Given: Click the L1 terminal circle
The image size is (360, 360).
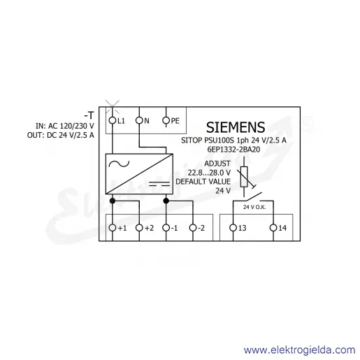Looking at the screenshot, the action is point(113,120).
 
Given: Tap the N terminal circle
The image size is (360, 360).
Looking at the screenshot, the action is point(139,120).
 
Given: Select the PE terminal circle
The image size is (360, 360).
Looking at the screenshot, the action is point(166,120).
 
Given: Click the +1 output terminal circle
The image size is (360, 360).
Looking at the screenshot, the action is point(113,228).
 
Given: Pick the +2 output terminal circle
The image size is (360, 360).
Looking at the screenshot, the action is point(139,228).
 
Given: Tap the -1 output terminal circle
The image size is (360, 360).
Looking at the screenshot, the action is point(166,228).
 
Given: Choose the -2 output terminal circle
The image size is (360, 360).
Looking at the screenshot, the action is point(193,228).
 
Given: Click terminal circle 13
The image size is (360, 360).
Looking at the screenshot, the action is point(233,228).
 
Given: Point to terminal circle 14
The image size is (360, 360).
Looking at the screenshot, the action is point(273,228).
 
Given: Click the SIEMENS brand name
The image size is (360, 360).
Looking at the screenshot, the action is point(236,127).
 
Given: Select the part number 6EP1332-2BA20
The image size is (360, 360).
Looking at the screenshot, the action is point(233,150).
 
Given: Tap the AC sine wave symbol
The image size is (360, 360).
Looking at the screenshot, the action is point(119,164).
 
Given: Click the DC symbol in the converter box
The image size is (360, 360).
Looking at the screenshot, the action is point(159,184).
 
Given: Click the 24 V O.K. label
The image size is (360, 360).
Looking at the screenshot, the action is point(254,207).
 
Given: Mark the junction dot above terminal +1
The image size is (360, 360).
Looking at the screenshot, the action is point(113,201).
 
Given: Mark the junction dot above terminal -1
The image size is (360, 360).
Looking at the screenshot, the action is point(166,201).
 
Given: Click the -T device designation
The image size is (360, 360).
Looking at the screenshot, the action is point(89,115).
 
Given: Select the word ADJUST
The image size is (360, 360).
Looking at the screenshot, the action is point(217,164).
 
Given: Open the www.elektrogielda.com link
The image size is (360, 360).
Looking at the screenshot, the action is point(299,350).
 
